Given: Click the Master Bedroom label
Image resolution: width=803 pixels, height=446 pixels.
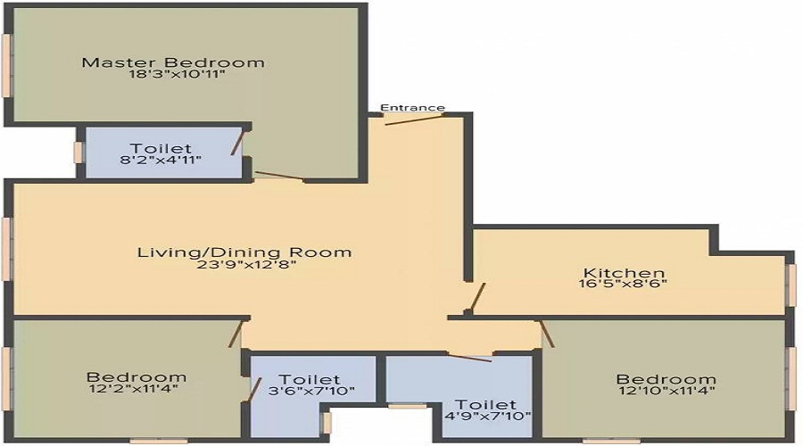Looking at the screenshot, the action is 173,62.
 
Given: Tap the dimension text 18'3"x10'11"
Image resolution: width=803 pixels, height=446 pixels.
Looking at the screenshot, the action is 178,75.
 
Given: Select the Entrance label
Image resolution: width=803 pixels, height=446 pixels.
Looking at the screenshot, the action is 413,108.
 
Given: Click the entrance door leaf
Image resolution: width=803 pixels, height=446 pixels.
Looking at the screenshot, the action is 414,120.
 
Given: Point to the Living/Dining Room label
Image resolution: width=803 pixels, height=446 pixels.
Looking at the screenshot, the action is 244,252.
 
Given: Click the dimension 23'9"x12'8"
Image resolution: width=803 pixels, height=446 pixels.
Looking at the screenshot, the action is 246,265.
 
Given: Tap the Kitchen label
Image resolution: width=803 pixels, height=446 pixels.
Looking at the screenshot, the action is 625,272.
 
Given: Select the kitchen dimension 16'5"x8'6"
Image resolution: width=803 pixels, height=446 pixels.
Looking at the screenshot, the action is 623,283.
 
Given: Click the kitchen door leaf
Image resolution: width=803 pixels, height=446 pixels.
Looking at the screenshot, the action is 477,298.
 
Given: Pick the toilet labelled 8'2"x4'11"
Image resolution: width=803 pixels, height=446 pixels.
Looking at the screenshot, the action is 161,153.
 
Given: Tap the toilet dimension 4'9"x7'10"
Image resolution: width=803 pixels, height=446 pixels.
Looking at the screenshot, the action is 486,416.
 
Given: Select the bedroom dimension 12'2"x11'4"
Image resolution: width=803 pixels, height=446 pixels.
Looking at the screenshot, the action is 133,389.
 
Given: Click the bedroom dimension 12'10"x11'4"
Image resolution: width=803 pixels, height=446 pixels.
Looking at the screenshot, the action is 666,390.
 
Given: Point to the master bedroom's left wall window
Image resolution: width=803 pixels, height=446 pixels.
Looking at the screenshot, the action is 6,64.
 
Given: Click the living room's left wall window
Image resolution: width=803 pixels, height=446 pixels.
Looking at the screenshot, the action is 6,249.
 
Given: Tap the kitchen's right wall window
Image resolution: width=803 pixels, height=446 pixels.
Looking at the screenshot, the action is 791,285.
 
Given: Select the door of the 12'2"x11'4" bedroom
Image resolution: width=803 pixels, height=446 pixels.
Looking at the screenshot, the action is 236,334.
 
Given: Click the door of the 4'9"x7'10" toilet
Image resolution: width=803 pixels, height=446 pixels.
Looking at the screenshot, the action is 469,357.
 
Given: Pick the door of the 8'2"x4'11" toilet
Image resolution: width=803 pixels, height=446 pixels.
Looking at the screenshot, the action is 237,143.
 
